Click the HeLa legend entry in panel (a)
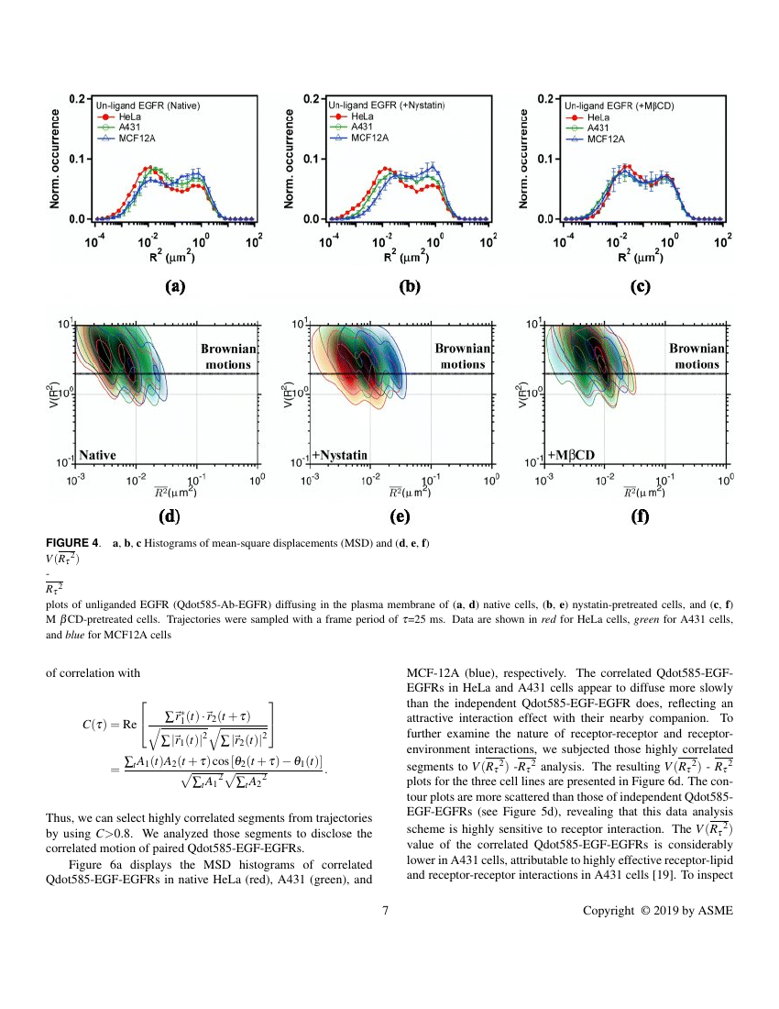(119, 117)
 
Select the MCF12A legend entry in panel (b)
(359, 138)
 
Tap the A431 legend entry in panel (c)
(587, 128)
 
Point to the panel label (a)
(175, 286)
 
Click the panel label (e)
(400, 516)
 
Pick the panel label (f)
(641, 516)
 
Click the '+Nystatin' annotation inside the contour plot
(339, 455)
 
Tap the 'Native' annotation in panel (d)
(98, 455)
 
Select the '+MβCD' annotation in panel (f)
(571, 455)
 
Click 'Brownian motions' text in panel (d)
(229, 357)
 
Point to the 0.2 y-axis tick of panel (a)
(77, 98)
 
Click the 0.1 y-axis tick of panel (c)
(545, 159)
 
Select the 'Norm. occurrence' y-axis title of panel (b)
(289, 159)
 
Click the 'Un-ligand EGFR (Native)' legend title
(148, 105)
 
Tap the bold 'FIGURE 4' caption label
(72, 542)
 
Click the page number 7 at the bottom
(386, 910)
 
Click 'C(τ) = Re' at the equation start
(110, 724)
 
